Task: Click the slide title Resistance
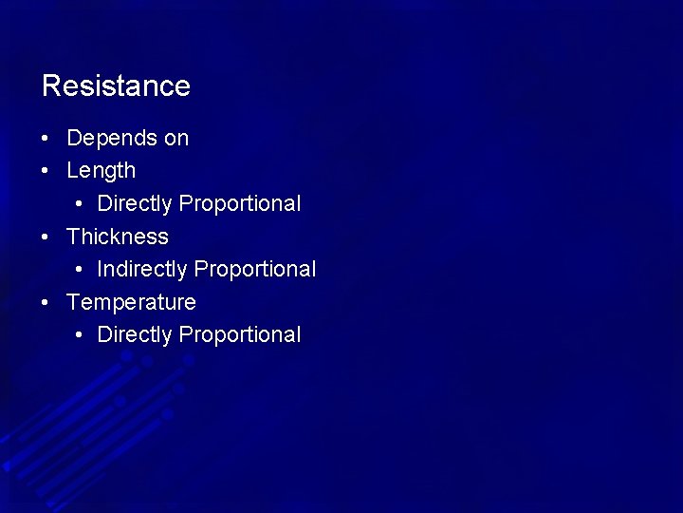point(116,86)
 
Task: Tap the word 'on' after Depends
point(176,138)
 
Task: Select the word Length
point(101,171)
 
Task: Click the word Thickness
point(118,237)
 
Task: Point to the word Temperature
point(131,302)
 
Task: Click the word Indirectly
point(142,269)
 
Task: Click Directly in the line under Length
point(135,203)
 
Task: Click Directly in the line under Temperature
point(135,334)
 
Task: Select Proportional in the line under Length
point(240,203)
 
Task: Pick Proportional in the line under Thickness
point(255,269)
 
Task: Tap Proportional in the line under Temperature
point(240,334)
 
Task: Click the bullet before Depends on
point(46,139)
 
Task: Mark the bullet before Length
point(46,172)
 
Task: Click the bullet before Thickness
point(46,237)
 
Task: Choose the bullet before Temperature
point(46,303)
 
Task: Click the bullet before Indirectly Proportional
point(77,270)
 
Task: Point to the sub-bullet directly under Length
point(77,204)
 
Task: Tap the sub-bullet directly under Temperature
point(77,335)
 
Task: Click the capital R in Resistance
point(51,86)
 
